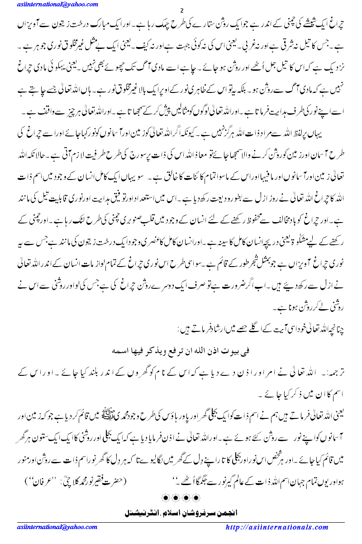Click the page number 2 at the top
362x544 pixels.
point(181,10)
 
